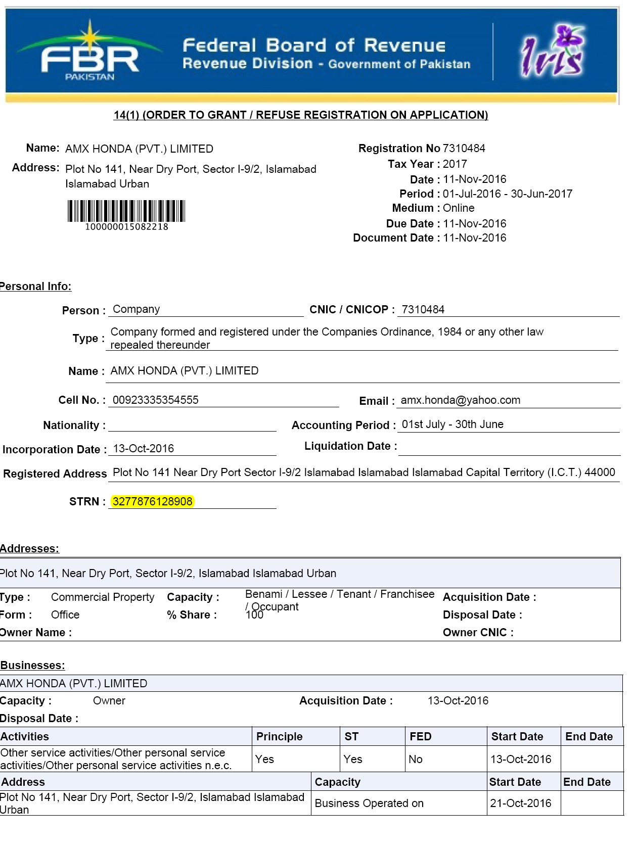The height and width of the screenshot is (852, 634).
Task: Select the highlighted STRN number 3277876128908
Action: (152, 501)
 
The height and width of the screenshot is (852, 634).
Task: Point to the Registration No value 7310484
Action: (464, 148)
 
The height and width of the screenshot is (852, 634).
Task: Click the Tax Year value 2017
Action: (455, 164)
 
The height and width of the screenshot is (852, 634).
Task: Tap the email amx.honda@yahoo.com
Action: (460, 400)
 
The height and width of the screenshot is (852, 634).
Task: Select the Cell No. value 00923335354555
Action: (155, 400)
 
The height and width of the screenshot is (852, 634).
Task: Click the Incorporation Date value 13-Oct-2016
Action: (143, 449)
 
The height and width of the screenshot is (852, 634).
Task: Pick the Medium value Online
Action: (459, 208)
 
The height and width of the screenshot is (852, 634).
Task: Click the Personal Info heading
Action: (35, 287)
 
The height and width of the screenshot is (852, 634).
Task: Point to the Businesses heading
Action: (33, 666)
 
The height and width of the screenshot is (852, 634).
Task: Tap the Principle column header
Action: (279, 737)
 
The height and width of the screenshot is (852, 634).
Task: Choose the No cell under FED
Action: (416, 759)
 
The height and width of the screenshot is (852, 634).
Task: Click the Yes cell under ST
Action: (353, 759)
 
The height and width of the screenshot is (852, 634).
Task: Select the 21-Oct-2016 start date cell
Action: (520, 803)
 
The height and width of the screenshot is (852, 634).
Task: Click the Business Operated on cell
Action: (369, 803)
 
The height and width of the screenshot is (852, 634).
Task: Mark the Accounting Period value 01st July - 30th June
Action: (452, 424)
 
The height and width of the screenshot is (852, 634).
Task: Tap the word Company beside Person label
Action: (136, 309)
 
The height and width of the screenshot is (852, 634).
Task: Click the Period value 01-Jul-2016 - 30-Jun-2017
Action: (508, 194)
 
